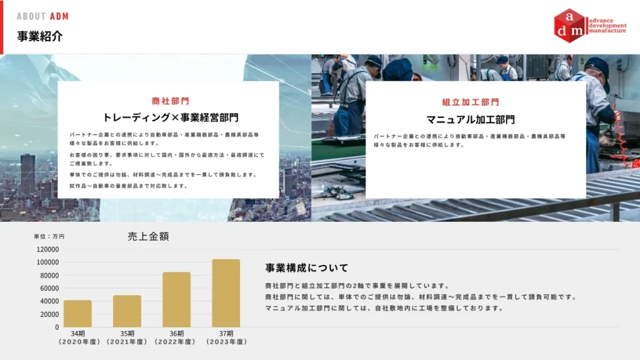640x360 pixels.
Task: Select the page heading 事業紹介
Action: click(40, 36)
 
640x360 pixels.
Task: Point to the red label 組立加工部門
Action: click(471, 102)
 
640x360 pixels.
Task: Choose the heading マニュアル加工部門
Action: click(471, 119)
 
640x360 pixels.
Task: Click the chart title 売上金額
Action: click(148, 236)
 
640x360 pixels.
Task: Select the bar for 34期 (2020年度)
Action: click(77, 313)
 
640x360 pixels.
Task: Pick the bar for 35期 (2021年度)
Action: click(127, 311)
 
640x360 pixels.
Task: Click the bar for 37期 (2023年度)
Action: click(226, 292)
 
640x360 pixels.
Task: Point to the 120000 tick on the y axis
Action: click(48, 249)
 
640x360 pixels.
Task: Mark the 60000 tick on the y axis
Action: click(50, 288)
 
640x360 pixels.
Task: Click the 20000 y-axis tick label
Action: click(50, 314)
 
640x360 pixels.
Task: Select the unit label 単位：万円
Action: click(49, 237)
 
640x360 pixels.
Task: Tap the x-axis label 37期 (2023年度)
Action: click(226, 337)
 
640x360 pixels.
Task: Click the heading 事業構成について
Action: click(307, 268)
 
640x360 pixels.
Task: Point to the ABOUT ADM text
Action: click(42, 16)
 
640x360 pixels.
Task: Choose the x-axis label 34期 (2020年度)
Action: click(77, 337)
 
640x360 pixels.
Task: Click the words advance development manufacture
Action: click(607, 26)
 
